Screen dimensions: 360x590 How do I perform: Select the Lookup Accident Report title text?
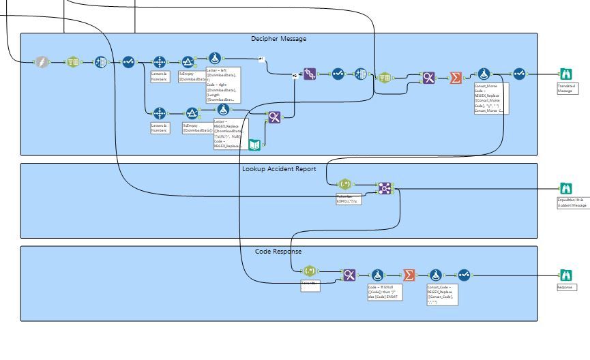(x=279, y=168)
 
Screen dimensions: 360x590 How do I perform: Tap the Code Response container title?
(x=278, y=252)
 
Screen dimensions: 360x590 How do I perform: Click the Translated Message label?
(x=565, y=89)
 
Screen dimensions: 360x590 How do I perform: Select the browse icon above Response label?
(x=565, y=275)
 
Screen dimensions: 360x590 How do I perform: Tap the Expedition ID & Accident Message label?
(x=572, y=202)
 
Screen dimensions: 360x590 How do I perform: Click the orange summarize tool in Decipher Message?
(x=456, y=78)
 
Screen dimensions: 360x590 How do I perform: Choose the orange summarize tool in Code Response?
(x=409, y=275)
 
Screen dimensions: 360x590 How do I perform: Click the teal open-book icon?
(x=254, y=144)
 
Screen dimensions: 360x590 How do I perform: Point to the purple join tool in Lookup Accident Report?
(x=385, y=187)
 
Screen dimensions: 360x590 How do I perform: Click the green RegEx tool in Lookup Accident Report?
(x=346, y=184)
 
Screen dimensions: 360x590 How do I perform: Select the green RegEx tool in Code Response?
(x=309, y=271)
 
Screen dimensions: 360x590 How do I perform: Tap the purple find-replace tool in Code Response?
(x=349, y=275)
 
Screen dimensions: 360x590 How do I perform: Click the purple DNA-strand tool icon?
(x=310, y=74)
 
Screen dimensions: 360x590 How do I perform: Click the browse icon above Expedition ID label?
(x=565, y=188)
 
